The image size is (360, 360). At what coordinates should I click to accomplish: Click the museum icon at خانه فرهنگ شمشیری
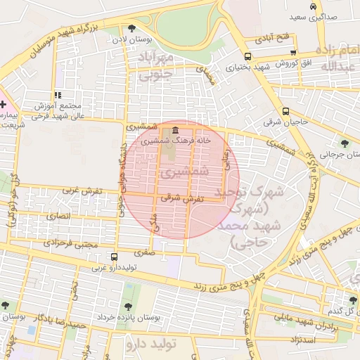click(x=174, y=131)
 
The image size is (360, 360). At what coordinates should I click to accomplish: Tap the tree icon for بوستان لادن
click(x=131, y=28)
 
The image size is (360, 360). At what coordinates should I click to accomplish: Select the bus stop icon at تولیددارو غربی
click(x=114, y=257)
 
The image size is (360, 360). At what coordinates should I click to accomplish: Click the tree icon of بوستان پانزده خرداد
click(x=128, y=307)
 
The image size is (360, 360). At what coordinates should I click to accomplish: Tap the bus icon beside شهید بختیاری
click(x=247, y=57)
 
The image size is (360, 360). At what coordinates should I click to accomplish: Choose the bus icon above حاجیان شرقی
click(x=285, y=111)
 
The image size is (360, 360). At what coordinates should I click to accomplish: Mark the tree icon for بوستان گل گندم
click(x=353, y=300)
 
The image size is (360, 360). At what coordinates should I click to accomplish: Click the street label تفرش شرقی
click(x=181, y=199)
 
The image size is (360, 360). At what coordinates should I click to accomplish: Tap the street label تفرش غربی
click(x=79, y=190)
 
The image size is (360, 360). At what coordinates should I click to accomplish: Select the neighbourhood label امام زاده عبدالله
click(x=326, y=58)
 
